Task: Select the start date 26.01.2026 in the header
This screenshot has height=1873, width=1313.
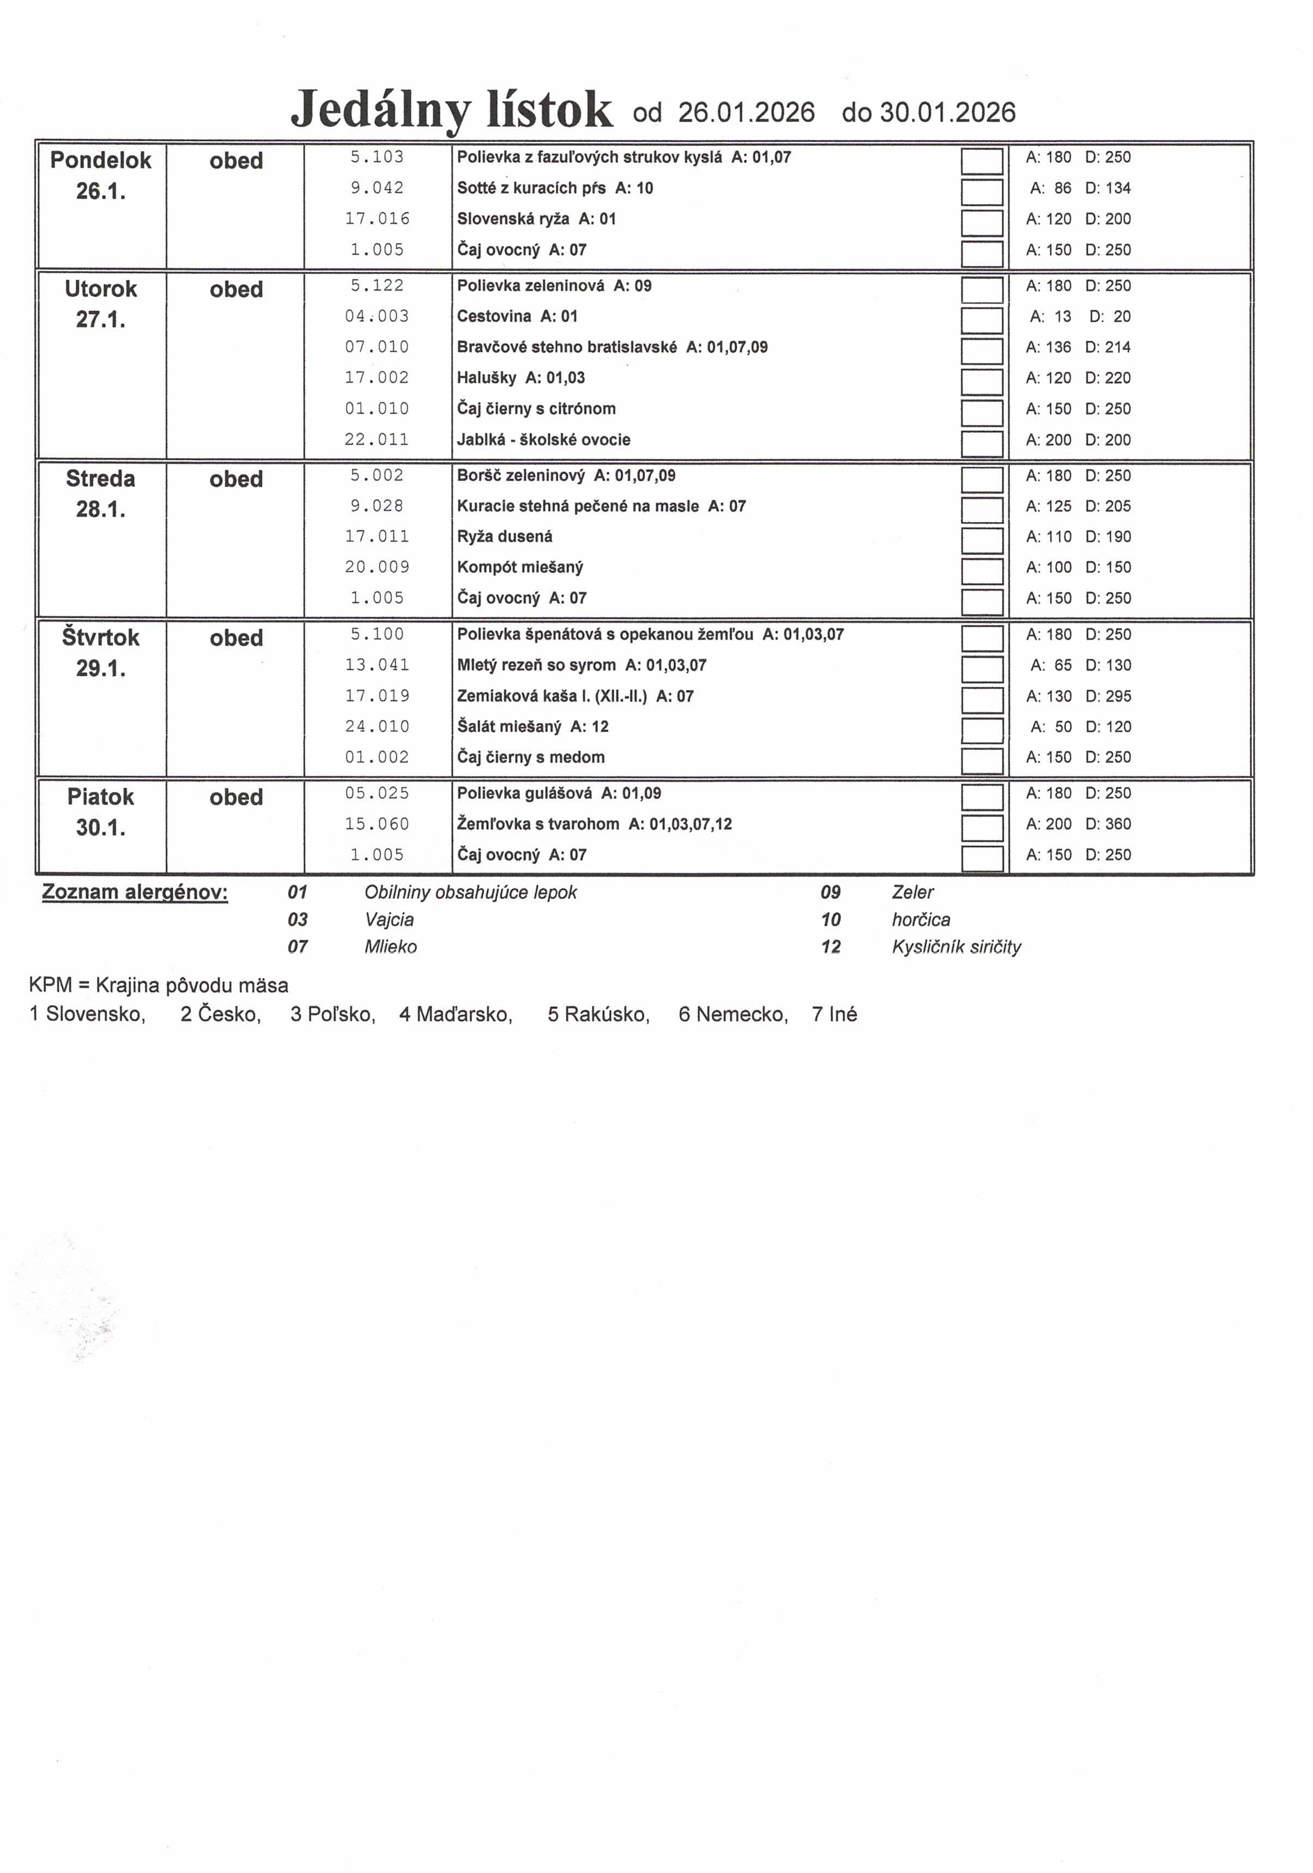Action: coord(746,112)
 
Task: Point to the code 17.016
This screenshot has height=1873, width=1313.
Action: coord(377,219)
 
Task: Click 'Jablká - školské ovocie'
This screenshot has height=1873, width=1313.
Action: coord(543,439)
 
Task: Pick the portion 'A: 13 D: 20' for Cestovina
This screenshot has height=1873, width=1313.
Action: coord(1079,316)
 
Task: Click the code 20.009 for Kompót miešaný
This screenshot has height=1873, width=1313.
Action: coord(377,567)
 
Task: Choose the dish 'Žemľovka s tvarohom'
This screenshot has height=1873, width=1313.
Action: coord(537,824)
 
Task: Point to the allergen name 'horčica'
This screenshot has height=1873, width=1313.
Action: coord(921,919)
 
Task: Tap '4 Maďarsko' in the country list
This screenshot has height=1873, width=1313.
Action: coord(455,1014)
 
